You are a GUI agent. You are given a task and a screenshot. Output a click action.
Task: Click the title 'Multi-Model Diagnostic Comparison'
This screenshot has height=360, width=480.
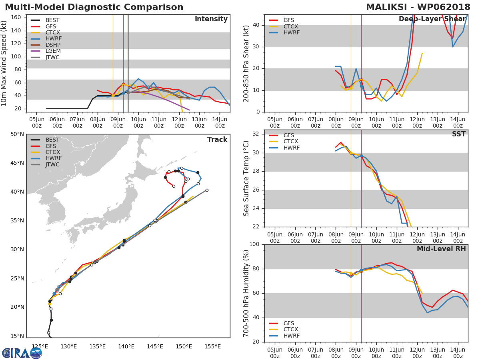pyautogui.click(x=94, y=7)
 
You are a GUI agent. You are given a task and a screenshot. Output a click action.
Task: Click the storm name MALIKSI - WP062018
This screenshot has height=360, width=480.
pyautogui.click(x=418, y=7)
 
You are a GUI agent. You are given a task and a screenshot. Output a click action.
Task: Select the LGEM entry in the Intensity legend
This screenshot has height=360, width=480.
pyautogui.click(x=52, y=51)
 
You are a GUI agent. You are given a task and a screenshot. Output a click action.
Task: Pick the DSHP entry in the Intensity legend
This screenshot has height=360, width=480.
pyautogui.click(x=52, y=45)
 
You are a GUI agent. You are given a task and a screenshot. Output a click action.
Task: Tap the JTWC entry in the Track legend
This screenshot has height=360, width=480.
pyautogui.click(x=52, y=165)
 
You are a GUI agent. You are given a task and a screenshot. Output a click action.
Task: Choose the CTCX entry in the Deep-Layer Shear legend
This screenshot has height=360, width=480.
pyautogui.click(x=291, y=26)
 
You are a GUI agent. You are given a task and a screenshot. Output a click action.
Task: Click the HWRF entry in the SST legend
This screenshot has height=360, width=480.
pyautogui.click(x=291, y=148)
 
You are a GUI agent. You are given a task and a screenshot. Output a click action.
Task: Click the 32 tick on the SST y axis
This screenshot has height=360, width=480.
pyautogui.click(x=256, y=134)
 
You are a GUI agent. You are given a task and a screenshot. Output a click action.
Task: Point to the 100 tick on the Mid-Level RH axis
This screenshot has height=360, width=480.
pyautogui.click(x=254, y=244)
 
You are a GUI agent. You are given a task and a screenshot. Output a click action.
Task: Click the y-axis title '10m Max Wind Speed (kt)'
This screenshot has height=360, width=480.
pyautogui.click(x=4, y=63)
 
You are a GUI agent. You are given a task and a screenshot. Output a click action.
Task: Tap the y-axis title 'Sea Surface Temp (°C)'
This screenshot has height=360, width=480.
pyautogui.click(x=246, y=178)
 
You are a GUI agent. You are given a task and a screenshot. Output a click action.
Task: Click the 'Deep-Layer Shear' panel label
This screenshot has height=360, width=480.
pyautogui.click(x=432, y=19)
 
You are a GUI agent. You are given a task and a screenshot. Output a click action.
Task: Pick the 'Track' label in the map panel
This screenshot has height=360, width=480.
pyautogui.click(x=217, y=140)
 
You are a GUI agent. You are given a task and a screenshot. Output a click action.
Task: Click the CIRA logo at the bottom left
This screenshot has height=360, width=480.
pyautogui.click(x=22, y=353)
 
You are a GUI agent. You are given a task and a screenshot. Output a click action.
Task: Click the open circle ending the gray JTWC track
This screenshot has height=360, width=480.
pyautogui.click(x=207, y=190)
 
